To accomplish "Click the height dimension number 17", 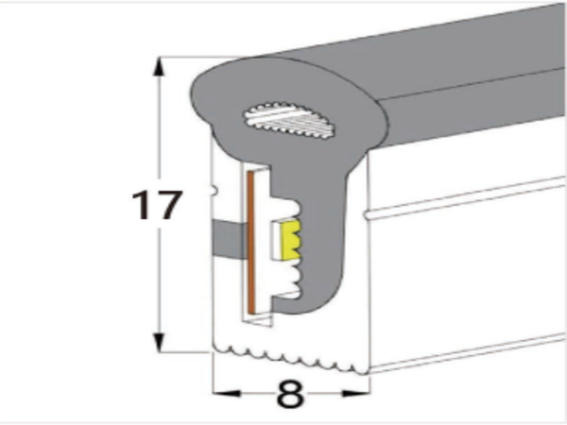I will pos(156,205).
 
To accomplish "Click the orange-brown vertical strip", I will pos(253,246).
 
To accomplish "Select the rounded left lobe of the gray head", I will pos(213,94).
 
